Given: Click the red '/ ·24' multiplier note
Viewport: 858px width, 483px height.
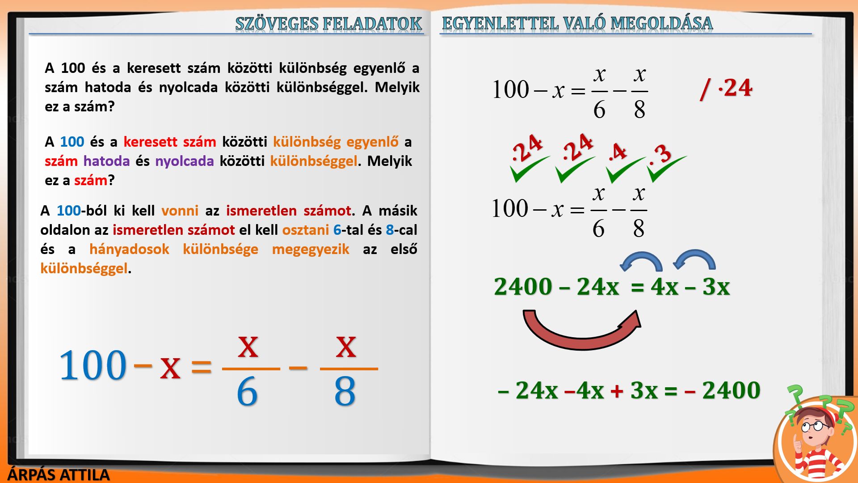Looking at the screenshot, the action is click(726, 88).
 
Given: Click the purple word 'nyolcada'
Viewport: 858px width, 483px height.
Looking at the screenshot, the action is click(185, 161).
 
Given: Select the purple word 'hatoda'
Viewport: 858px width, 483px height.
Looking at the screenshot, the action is click(106, 161).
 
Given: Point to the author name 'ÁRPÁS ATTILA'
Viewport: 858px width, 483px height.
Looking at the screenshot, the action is click(59, 475).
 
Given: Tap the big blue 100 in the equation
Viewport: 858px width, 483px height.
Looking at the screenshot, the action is click(93, 365).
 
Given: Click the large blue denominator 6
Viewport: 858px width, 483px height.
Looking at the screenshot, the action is click(247, 391).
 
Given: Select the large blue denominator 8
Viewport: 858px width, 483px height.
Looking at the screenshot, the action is click(345, 391).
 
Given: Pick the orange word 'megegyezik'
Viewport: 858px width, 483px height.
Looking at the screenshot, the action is click(311, 249).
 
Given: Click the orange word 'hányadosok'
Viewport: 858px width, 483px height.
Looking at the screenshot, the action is click(129, 249).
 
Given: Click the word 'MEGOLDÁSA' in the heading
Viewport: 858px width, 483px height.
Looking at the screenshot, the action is click(661, 23).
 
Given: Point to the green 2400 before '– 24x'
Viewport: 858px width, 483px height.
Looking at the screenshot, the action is click(523, 287).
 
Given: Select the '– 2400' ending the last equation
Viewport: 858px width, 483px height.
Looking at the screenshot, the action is click(722, 390).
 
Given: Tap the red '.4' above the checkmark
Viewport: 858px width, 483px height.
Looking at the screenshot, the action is click(618, 153).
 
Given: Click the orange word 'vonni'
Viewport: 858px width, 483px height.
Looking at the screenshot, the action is click(180, 211).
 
